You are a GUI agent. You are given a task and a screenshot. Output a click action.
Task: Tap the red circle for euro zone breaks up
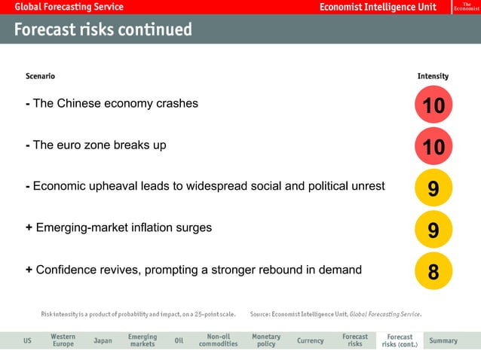point(434,147)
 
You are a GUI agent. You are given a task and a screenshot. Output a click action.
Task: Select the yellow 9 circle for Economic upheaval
point(434,188)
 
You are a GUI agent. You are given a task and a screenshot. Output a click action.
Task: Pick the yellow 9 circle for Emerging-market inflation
point(434,229)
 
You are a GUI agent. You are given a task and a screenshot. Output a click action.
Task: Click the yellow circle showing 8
point(434,270)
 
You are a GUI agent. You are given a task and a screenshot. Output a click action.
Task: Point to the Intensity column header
point(433,76)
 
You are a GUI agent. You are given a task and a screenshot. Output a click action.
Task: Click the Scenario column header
point(40,76)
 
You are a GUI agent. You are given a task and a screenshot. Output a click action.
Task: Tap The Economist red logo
point(466,7)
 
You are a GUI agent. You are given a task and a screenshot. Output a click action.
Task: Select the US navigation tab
point(27,340)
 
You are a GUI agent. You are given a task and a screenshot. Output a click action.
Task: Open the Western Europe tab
point(63,340)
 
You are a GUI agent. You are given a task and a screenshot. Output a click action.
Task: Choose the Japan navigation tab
point(103,340)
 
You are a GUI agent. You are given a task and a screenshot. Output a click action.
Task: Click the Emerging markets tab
point(142,340)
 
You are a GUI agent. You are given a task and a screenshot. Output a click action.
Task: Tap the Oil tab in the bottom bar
point(179,340)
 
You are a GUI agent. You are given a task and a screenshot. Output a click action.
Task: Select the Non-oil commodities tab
point(218,340)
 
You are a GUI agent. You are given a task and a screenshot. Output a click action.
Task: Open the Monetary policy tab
point(265,340)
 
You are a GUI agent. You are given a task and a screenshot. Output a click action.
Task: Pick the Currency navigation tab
point(310,340)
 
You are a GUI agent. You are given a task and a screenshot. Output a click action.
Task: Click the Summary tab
point(443,340)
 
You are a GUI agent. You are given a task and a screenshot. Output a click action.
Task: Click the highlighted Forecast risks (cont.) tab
point(400,340)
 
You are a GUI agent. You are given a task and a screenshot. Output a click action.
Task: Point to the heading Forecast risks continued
point(103,30)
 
